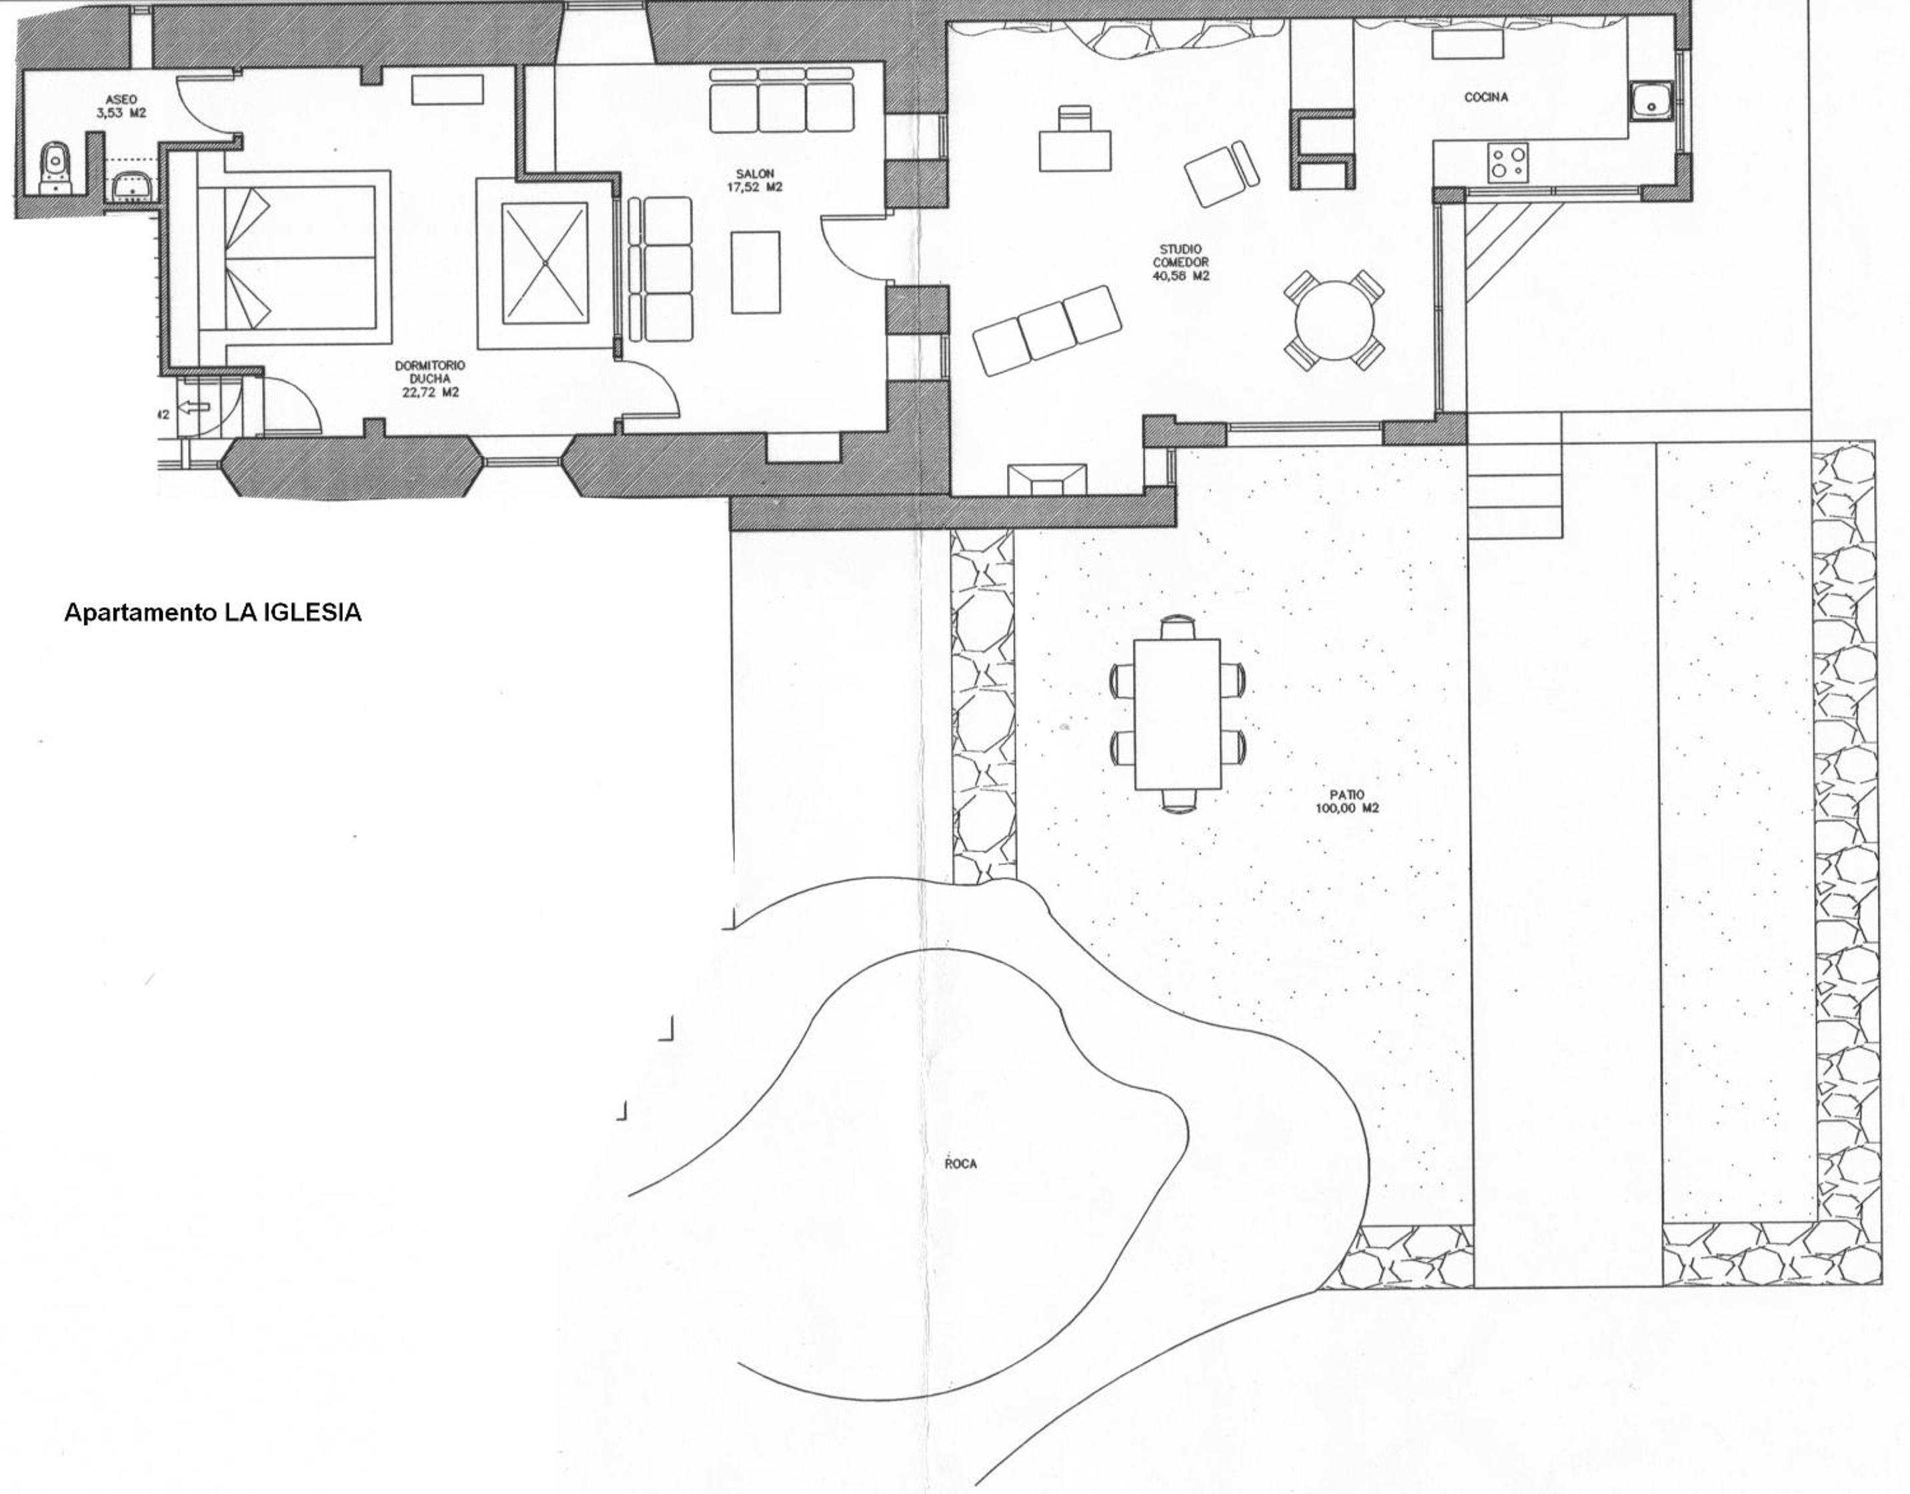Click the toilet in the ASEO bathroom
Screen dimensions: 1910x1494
click(x=56, y=167)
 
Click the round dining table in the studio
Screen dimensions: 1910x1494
click(x=1334, y=319)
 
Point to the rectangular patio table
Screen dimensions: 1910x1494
click(x=1177, y=714)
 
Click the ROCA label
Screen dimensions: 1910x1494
click(x=960, y=1163)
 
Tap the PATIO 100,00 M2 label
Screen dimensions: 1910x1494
click(x=1346, y=801)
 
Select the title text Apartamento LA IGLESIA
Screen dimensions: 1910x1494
click(x=213, y=612)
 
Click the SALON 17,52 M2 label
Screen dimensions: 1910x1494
click(x=755, y=180)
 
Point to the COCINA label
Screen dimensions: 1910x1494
click(x=1486, y=97)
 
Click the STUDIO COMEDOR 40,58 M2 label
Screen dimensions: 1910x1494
click(x=1180, y=262)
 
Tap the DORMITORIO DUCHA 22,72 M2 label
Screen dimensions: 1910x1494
click(x=430, y=379)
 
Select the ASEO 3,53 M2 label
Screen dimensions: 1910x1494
click(x=121, y=107)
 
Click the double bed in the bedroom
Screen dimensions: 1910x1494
click(x=295, y=258)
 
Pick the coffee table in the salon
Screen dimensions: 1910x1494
click(x=756, y=271)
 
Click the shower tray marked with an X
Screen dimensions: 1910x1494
click(x=544, y=262)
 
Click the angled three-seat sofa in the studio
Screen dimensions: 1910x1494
click(x=1047, y=329)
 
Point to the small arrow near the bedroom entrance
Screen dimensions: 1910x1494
click(x=194, y=407)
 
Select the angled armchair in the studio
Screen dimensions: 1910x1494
click(x=1222, y=173)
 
